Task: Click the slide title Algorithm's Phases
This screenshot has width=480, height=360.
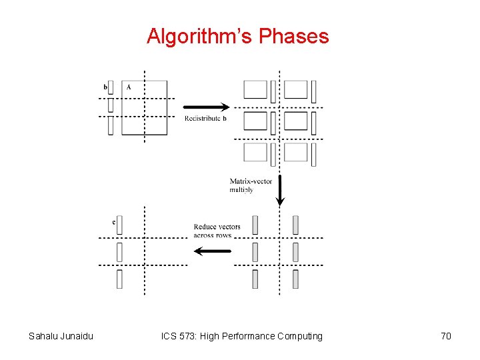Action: tap(238, 36)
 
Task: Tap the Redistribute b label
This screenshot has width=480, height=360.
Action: tap(205, 119)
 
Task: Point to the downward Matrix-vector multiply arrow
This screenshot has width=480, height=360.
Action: tap(280, 190)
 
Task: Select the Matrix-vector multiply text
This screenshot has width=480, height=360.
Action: tap(250, 185)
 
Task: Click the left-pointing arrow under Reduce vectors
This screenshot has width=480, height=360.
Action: tap(212, 251)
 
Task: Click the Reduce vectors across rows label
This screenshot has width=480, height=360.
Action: tap(217, 231)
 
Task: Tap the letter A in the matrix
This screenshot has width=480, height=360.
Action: tap(129, 87)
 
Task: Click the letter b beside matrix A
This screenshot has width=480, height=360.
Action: tap(105, 87)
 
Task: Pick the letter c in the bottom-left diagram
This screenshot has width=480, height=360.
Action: tap(114, 221)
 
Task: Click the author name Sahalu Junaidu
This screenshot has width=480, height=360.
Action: tap(61, 336)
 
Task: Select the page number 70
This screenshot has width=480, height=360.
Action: tap(446, 336)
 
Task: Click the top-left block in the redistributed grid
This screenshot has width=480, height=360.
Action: tap(255, 89)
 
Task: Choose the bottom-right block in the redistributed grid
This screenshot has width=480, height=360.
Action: tap(296, 153)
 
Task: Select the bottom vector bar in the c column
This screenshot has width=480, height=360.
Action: tap(119, 279)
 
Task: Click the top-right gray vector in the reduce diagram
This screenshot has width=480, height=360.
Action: tap(295, 225)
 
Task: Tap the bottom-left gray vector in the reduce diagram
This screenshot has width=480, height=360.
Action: tap(255, 279)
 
